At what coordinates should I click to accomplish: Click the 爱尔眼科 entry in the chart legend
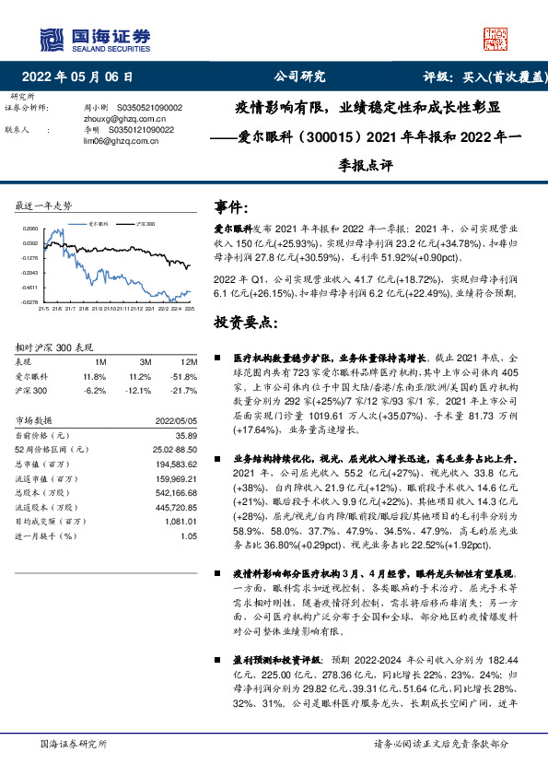[99, 223]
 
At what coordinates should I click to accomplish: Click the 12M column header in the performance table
[189, 363]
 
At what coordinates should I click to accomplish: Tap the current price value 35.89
[188, 433]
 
